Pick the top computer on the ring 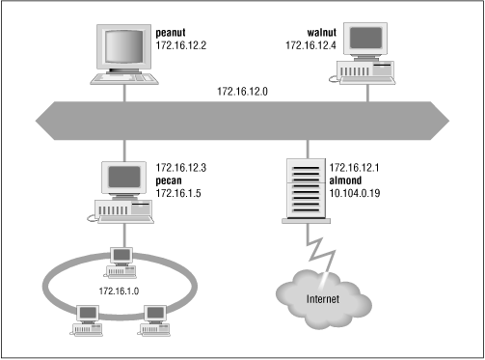pos(121,257)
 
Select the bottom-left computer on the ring pos(84,316)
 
